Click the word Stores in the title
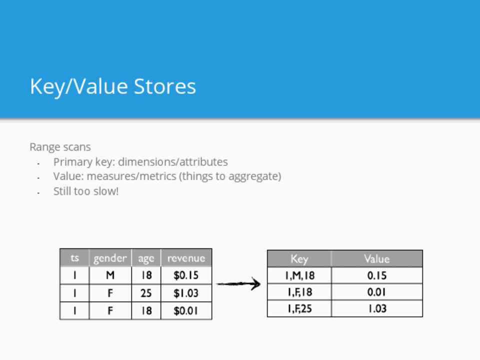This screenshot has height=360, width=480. pos(164,86)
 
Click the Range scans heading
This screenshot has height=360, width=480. pos(60,147)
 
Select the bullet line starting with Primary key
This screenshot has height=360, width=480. pos(140,161)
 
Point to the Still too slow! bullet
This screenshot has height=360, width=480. pos(86,191)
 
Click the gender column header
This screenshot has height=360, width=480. pos(110,258)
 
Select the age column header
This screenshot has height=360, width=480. pos(146,258)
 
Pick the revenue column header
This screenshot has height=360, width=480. pos(186,258)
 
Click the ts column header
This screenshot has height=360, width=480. pos(74,258)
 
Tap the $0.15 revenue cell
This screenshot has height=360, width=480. pos(186,275)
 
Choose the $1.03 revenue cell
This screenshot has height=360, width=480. pos(186,293)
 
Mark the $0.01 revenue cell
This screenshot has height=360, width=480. pos(186,310)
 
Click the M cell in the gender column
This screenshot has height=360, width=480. pos(110,275)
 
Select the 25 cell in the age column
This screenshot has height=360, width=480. pos(146,293)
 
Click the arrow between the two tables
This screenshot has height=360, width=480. pos(238,284)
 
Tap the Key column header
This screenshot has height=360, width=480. pos(299,259)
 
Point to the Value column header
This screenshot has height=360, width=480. pos(377,259)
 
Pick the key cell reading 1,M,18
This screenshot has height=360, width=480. pos(299,275)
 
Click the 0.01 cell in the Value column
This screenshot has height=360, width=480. pos(377,292)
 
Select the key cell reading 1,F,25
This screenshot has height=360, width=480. pos(299,308)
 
